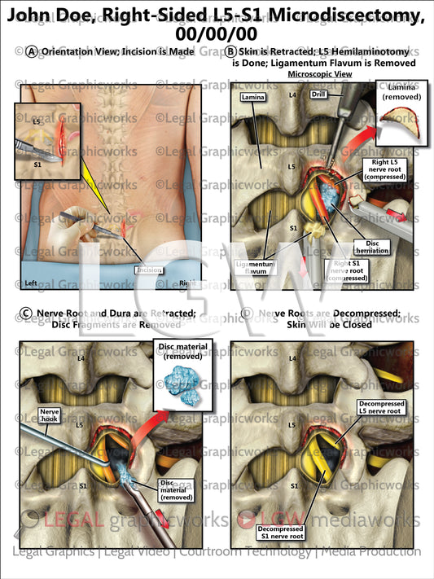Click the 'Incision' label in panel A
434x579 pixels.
pos(151,270)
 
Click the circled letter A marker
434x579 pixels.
pos(32,51)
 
